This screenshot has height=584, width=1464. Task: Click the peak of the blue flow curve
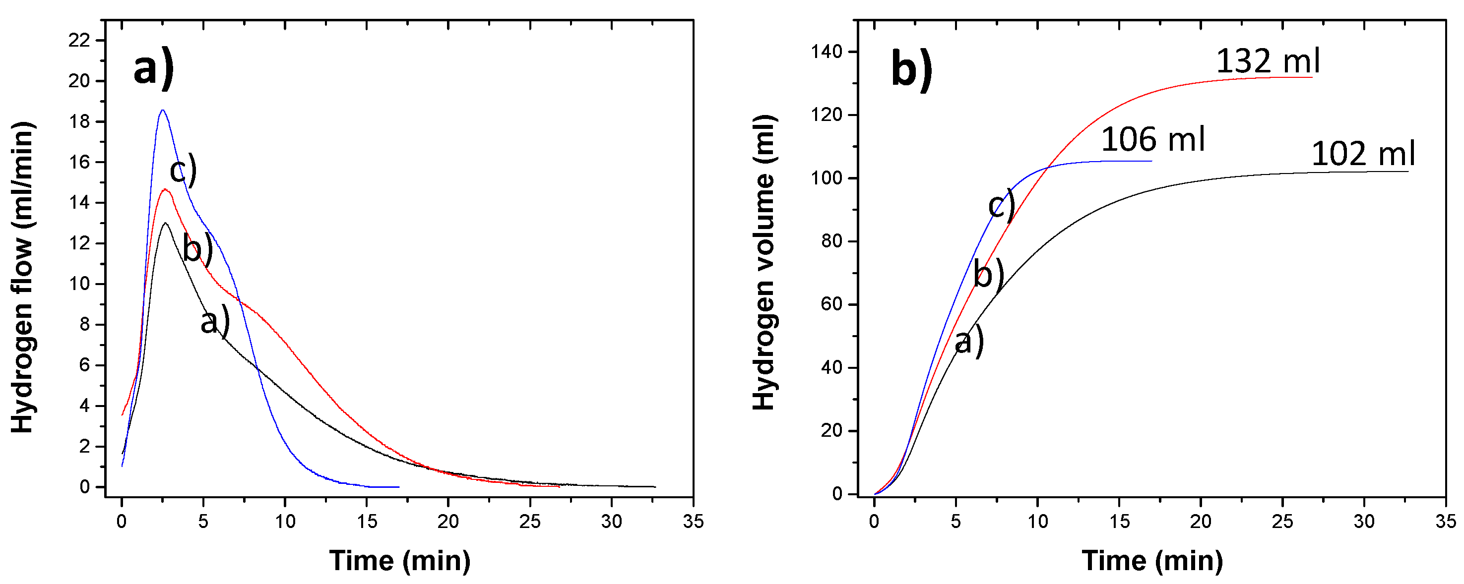(163, 110)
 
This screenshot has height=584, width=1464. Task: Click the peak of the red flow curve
(165, 190)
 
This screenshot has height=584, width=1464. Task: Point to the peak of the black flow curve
(165, 223)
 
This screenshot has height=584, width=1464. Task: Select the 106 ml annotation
(1152, 140)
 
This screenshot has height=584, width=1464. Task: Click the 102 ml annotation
(1362, 154)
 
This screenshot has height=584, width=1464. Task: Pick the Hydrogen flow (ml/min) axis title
(23, 277)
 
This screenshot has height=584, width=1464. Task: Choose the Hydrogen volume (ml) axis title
(764, 262)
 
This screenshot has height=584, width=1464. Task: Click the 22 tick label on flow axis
(79, 40)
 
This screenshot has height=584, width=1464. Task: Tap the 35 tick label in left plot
(693, 522)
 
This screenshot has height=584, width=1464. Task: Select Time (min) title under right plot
(1152, 561)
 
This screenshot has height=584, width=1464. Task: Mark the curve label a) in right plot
(968, 342)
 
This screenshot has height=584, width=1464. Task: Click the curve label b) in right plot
(988, 274)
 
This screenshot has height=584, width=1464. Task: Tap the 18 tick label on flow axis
(79, 121)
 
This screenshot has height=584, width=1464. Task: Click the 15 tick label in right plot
(1119, 522)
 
